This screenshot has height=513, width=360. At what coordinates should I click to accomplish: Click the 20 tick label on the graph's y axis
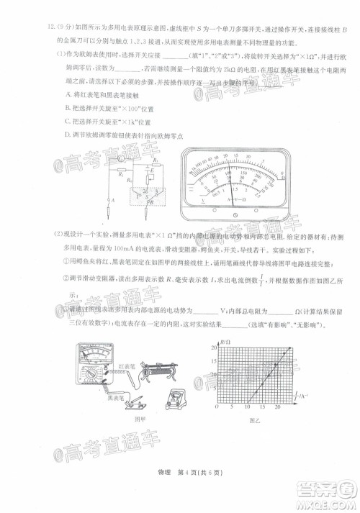[x=214, y=348]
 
